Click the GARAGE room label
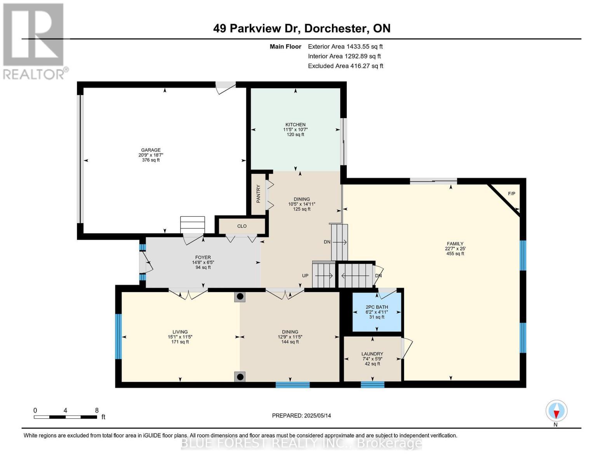(x=151, y=150)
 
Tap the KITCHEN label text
(x=295, y=125)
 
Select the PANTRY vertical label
(x=258, y=193)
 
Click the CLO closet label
(x=242, y=226)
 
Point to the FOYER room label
(x=203, y=257)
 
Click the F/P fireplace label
(x=512, y=193)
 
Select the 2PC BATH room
(x=376, y=312)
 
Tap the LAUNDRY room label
(x=372, y=354)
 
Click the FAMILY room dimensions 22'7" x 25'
(x=455, y=249)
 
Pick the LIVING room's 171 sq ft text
(x=180, y=342)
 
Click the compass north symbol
(x=556, y=411)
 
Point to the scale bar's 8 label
(x=97, y=410)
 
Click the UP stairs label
(x=305, y=276)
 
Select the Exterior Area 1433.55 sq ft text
(x=345, y=46)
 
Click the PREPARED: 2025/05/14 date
(x=301, y=416)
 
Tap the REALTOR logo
(x=35, y=41)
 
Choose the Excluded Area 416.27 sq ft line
(x=345, y=66)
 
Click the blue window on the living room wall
(x=118, y=336)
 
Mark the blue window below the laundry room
(x=372, y=385)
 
